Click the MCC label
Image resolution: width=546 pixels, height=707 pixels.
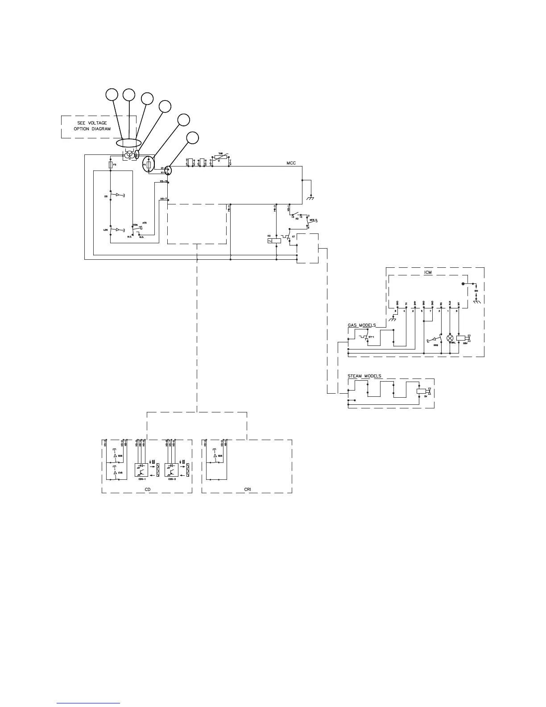pyautogui.click(x=291, y=163)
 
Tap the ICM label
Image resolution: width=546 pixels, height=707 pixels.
pyautogui.click(x=428, y=272)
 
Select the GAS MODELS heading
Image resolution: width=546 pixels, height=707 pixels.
pyautogui.click(x=362, y=325)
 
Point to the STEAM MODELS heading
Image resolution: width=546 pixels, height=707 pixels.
pyautogui.click(x=364, y=376)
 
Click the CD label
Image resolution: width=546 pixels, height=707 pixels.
pyautogui.click(x=148, y=490)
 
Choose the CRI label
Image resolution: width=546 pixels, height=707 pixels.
pyautogui.click(x=248, y=490)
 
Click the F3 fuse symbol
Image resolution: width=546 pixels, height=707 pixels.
pyautogui.click(x=110, y=165)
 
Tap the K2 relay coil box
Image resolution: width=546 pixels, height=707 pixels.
pyautogui.click(x=273, y=241)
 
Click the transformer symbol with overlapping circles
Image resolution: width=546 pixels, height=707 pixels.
pyautogui.click(x=129, y=155)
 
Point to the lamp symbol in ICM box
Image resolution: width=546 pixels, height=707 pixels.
pyautogui.click(x=450, y=338)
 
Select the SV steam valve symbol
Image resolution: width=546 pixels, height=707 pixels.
pyautogui.click(x=422, y=391)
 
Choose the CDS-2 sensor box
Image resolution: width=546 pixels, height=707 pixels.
pyautogui.click(x=171, y=470)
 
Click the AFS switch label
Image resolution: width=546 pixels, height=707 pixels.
pyautogui.click(x=144, y=222)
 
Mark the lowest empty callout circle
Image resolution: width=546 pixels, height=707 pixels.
pyautogui.click(x=192, y=138)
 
